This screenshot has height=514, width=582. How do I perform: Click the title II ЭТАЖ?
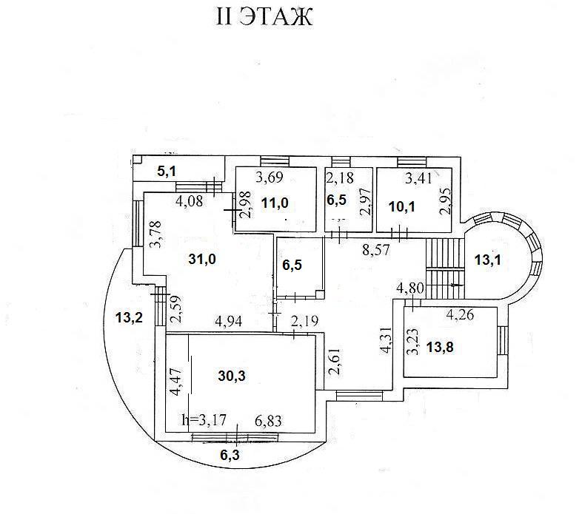(x=264, y=17)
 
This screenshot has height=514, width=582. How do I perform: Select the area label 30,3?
(x=231, y=376)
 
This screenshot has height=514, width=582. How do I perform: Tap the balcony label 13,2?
(x=128, y=319)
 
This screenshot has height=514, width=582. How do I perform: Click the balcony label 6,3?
(x=229, y=454)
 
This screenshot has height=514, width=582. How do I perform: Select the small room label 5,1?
(x=168, y=172)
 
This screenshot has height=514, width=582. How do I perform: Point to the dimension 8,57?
(x=375, y=251)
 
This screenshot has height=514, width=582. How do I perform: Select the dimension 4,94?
(x=229, y=322)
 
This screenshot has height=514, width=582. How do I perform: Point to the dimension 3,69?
(x=270, y=177)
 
